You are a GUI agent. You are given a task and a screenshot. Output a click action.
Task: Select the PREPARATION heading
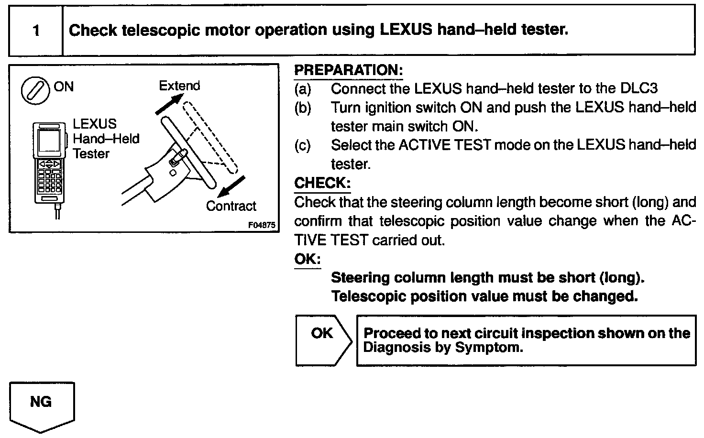pos(348,70)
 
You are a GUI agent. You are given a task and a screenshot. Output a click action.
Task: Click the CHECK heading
pos(322,183)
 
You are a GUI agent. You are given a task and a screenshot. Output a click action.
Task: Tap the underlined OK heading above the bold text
pos(307,259)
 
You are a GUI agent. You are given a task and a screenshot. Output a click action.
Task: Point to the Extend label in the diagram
pos(179,86)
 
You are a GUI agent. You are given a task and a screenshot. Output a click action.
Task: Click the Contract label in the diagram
pos(231,207)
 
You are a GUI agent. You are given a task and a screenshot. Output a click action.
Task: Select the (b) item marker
pos(302,108)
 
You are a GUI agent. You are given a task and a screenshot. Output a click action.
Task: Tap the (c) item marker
pos(302,145)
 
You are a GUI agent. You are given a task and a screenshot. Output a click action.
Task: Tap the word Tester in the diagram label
pos(91,154)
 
